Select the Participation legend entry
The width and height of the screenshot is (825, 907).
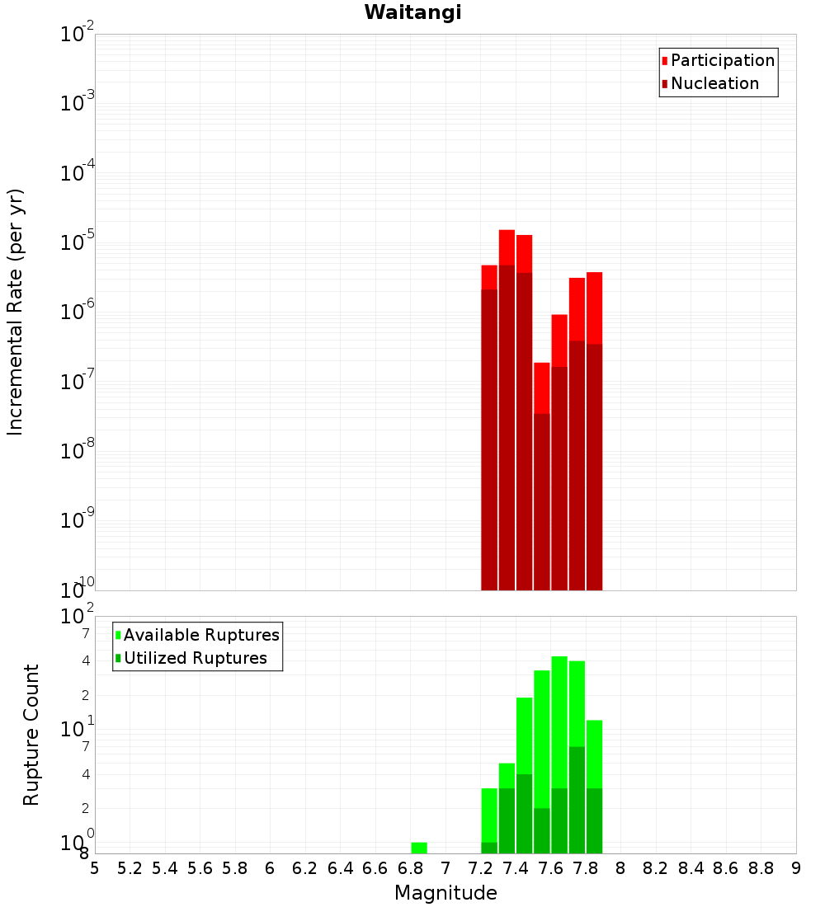pyautogui.click(x=722, y=60)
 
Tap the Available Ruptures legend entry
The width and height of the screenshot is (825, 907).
pyautogui.click(x=200, y=635)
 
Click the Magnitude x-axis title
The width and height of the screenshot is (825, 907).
pyautogui.click(x=445, y=893)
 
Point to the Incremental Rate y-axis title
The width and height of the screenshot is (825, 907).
pyautogui.click(x=16, y=312)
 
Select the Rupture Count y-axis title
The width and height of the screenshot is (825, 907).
pyautogui.click(x=31, y=735)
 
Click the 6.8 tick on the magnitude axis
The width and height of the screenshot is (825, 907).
pyautogui.click(x=410, y=868)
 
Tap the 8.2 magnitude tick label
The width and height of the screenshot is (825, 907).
pyautogui.click(x=656, y=868)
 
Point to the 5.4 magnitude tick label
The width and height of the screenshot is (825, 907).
pyautogui.click(x=165, y=868)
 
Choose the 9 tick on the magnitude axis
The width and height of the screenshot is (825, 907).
pyautogui.click(x=796, y=868)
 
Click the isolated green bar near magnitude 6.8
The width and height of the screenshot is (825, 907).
pyautogui.click(x=419, y=848)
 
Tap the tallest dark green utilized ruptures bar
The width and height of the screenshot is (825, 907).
pyautogui.click(x=577, y=800)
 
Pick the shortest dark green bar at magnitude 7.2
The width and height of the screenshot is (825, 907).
pyautogui.click(x=489, y=848)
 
